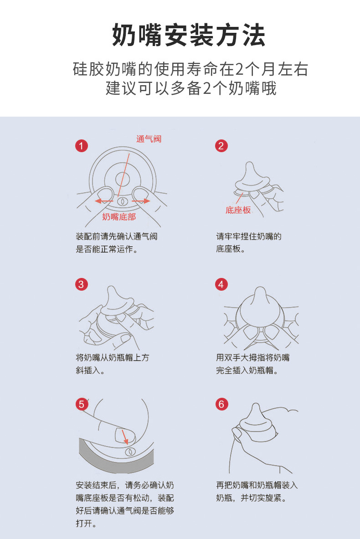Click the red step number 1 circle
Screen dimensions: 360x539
[x=82, y=146]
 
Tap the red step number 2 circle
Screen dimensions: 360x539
[x=221, y=146]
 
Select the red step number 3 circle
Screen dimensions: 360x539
[x=82, y=284]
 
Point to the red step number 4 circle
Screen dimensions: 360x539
[x=221, y=284]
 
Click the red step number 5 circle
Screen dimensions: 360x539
[x=82, y=404]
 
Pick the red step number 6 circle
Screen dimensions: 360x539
[x=221, y=404]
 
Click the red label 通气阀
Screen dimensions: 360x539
[x=149, y=139]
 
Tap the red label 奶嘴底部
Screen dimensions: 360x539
[x=119, y=216]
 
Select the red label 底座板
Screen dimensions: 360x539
[x=238, y=210]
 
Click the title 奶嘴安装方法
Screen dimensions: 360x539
[x=188, y=35]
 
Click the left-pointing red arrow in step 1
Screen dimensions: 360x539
[x=104, y=201]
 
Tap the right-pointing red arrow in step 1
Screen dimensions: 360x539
[x=141, y=201]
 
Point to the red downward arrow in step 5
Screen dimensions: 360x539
[x=125, y=437]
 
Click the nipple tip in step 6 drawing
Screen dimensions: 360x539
[x=256, y=405]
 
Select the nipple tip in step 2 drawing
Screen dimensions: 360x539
[x=249, y=164]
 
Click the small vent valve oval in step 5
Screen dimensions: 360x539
[x=130, y=451]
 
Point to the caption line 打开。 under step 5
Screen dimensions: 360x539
[x=86, y=524]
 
